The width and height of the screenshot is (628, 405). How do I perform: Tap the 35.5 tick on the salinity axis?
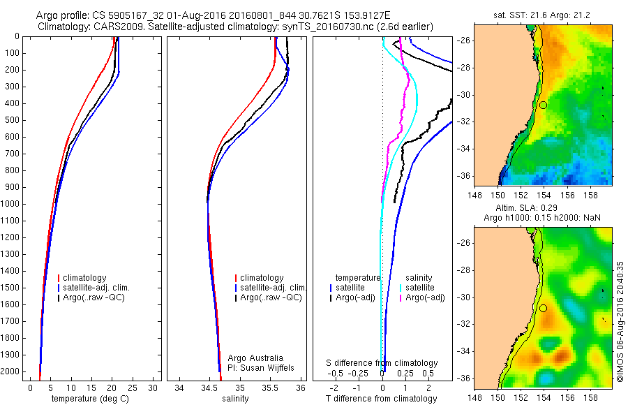[x=270, y=388]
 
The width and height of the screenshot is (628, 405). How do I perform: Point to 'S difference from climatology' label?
[x=382, y=363]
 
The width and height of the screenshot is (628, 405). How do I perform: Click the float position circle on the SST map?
[x=543, y=105]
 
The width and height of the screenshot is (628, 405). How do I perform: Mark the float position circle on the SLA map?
[x=543, y=308]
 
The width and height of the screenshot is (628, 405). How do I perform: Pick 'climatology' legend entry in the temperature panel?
[x=87, y=278]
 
